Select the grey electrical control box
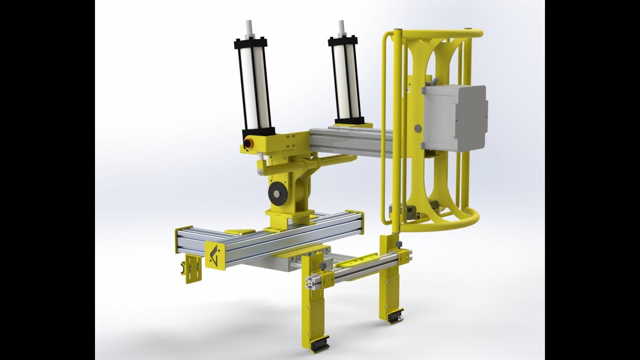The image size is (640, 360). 454,118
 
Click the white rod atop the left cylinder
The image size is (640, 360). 248,29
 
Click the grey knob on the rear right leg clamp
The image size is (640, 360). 398,244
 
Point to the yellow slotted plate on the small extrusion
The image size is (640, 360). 358,260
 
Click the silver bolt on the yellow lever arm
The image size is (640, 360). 260,172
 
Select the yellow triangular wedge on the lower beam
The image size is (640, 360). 239,231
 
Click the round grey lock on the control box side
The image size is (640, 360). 417,128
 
